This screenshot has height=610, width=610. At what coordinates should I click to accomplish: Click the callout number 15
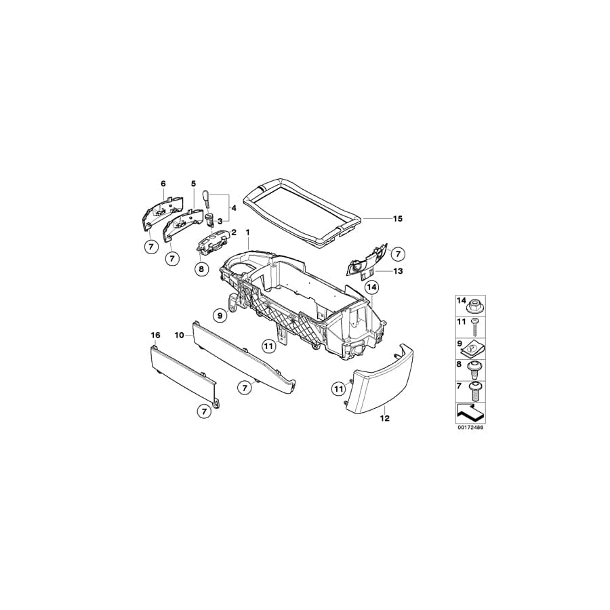point(397,219)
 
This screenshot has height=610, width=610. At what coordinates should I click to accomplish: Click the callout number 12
point(384,419)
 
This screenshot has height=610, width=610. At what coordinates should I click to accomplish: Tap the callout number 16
point(155,335)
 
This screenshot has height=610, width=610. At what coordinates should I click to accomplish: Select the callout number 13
point(398,270)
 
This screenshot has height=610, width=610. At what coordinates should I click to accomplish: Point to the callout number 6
point(163,184)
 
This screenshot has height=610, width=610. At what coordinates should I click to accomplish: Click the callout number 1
point(247,232)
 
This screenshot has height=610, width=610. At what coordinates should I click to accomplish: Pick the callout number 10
point(180,335)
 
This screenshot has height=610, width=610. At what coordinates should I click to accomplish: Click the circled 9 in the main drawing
point(219,314)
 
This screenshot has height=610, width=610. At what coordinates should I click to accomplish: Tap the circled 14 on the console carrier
point(371,287)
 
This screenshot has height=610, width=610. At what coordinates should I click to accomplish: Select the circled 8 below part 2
point(201,269)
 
